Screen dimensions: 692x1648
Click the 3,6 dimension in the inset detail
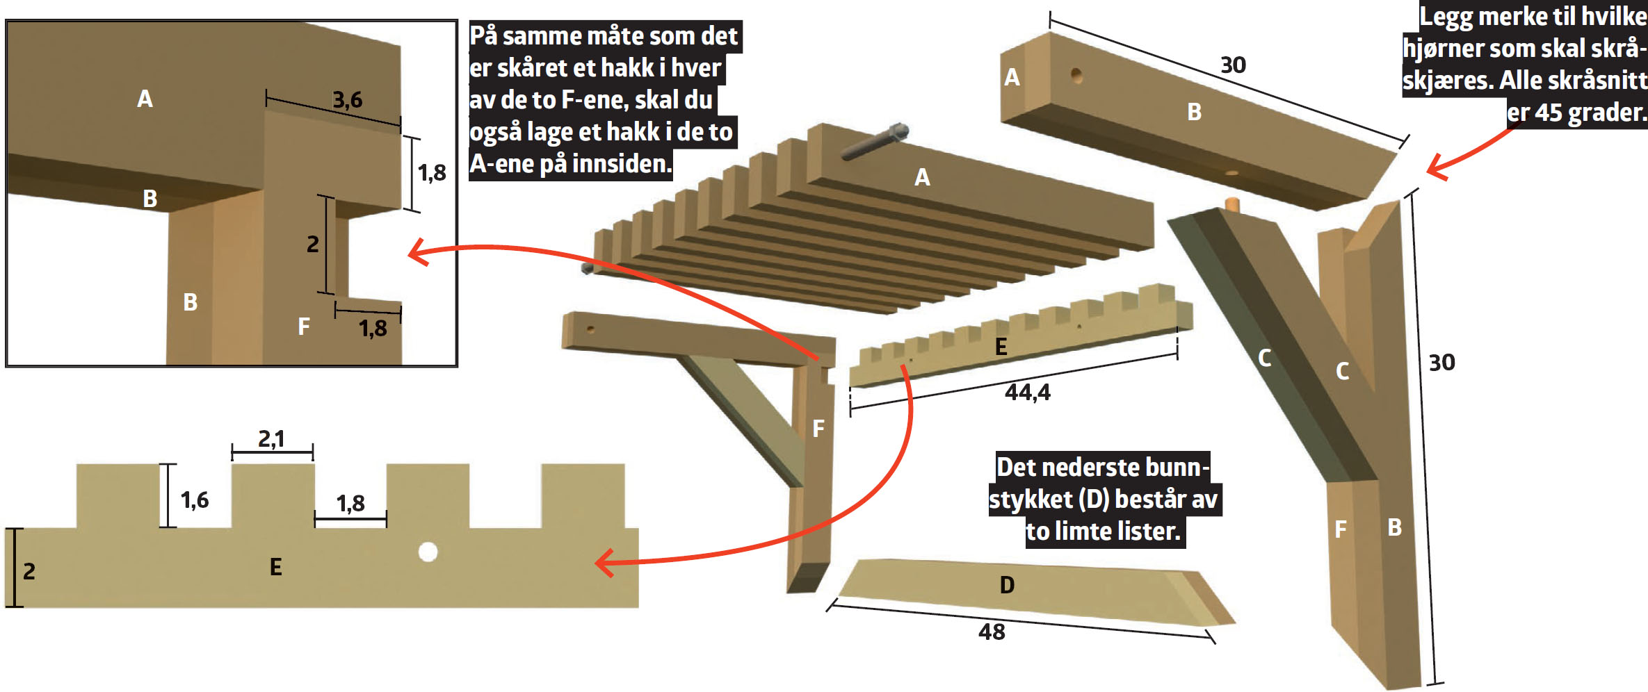(x=347, y=100)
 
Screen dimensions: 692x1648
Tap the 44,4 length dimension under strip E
(x=1027, y=393)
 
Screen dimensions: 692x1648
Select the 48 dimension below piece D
(x=992, y=632)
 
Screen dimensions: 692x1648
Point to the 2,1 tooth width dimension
(x=271, y=439)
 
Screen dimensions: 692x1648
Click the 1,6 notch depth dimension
(x=195, y=500)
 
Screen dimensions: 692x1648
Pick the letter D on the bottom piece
(x=1007, y=585)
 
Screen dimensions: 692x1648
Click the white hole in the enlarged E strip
(x=428, y=552)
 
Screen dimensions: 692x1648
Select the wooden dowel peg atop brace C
(x=1232, y=204)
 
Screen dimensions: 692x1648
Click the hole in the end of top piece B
(x=1076, y=74)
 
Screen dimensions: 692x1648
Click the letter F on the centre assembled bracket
(x=818, y=428)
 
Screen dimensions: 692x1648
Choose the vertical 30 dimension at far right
(x=1441, y=362)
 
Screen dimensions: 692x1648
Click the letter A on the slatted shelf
(x=922, y=177)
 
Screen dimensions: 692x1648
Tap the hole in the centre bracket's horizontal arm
(x=590, y=329)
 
